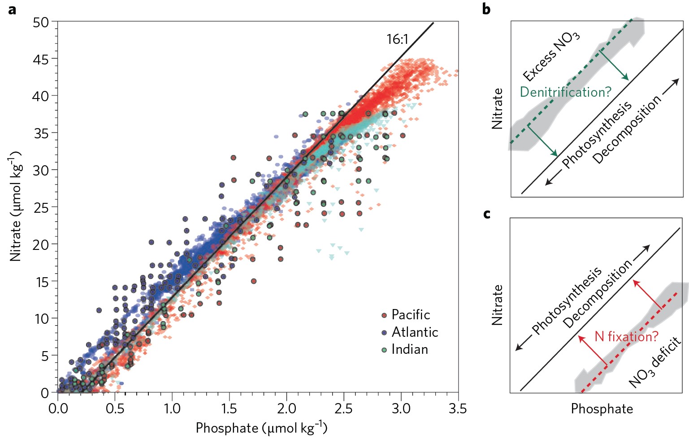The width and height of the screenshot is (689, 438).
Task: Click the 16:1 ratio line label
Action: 398,39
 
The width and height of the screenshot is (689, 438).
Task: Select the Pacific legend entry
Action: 406,315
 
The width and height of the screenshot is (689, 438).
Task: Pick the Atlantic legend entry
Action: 410,332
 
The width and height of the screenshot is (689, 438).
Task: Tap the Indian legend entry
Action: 405,349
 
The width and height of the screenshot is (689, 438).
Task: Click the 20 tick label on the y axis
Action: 41,245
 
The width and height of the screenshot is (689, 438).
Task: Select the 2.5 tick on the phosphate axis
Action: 343,408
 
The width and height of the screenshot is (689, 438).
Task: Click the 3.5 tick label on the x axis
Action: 458,408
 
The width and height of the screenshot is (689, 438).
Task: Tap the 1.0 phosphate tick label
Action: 172,408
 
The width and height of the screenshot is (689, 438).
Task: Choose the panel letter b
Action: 486,9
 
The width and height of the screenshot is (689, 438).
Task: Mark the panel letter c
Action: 487,214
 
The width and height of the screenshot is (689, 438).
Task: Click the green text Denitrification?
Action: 565,92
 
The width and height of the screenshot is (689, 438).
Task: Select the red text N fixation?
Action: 626,336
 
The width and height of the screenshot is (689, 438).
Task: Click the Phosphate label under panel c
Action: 602,409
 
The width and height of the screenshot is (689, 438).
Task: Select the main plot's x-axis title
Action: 261,428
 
